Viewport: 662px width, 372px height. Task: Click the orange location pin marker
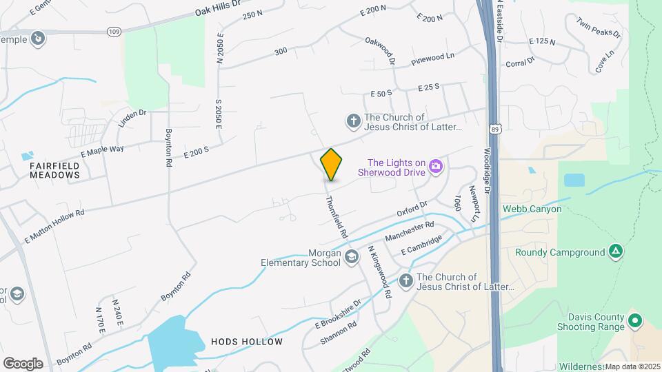click(332, 165)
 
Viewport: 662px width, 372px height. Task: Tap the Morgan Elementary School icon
click(352, 257)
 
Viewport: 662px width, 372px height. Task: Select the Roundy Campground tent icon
click(616, 252)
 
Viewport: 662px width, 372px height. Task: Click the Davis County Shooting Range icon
click(635, 321)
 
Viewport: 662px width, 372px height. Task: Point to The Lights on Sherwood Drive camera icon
click(435, 166)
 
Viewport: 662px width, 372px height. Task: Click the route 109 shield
click(114, 32)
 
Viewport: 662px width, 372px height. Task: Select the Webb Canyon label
click(532, 209)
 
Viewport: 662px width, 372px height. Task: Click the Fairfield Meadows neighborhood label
click(54, 170)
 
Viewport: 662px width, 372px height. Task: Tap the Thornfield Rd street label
click(336, 216)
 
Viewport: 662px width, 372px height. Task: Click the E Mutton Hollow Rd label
click(54, 227)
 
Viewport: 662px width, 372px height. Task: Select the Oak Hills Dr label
click(217, 8)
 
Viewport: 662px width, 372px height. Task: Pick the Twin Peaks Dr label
click(599, 28)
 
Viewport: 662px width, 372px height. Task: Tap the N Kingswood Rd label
click(379, 272)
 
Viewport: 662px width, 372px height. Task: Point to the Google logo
click(23, 363)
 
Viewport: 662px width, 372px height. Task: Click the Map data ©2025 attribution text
click(632, 366)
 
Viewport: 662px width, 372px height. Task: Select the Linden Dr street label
click(133, 119)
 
